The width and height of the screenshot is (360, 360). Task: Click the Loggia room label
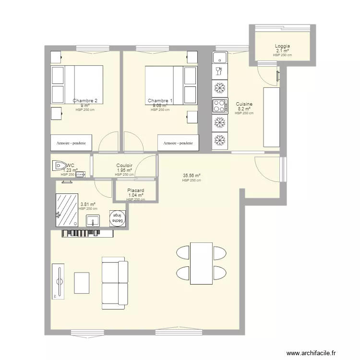point(282,46)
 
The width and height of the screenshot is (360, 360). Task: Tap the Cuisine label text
point(244,104)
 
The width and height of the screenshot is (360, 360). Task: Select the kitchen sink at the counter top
point(220,58)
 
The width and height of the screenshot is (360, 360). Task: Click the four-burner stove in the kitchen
point(220,105)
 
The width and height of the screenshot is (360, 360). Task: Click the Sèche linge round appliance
point(117,218)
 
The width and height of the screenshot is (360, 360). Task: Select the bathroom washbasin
point(93,220)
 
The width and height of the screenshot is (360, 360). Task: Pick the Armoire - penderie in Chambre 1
point(178,143)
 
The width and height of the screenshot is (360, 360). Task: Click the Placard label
point(136,191)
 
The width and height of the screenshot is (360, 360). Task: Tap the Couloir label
point(124,166)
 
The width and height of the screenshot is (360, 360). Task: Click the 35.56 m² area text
point(192,176)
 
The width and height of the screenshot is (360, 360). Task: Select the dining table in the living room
point(201,263)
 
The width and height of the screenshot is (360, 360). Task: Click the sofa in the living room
point(115,282)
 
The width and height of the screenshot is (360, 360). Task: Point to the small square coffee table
point(82,283)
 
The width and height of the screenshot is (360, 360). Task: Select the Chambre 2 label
point(85,101)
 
